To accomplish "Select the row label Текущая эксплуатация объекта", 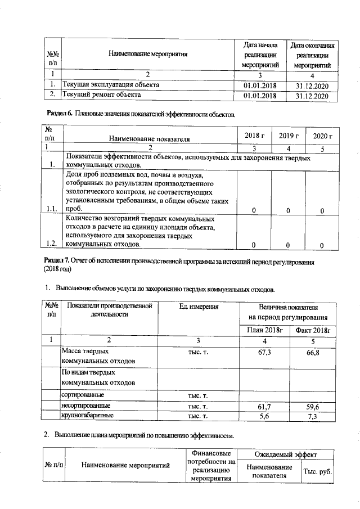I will point(110,85).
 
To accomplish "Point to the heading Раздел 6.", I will point(59,114).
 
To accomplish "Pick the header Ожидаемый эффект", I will point(285,453).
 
